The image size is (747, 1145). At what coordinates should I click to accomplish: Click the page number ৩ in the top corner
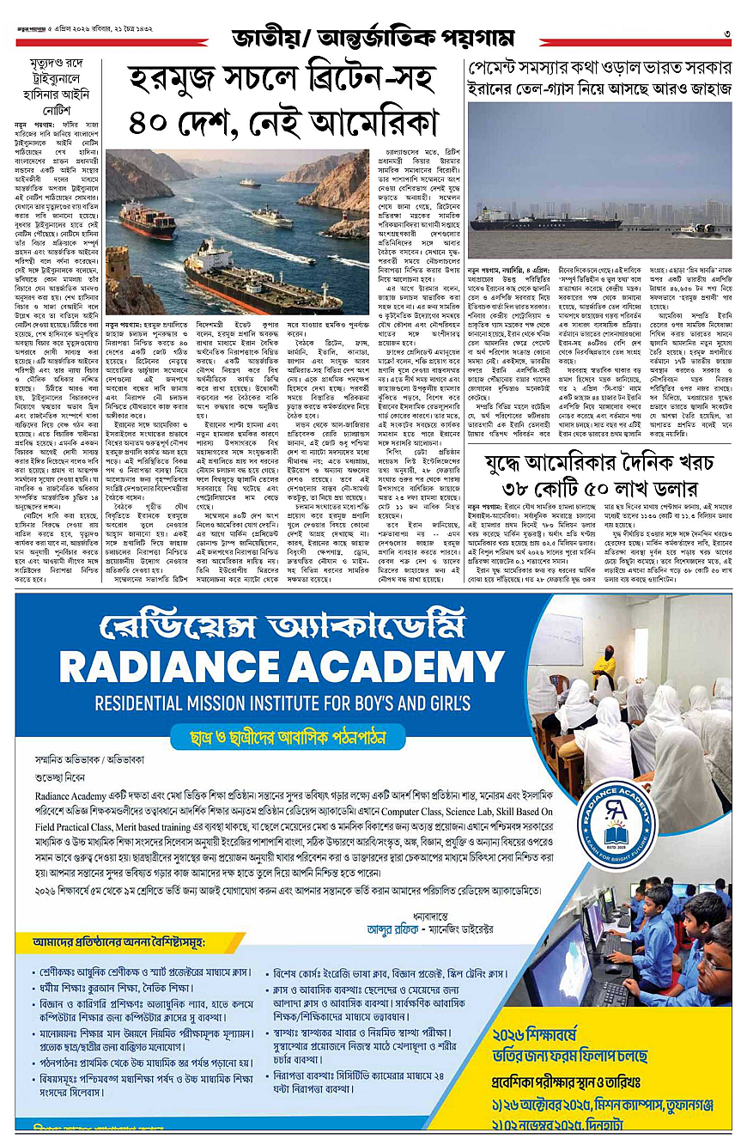(726, 34)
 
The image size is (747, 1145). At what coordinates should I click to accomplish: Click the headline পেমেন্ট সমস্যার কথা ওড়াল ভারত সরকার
(599, 68)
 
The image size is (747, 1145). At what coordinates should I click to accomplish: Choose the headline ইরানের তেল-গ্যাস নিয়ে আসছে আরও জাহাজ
(599, 88)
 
